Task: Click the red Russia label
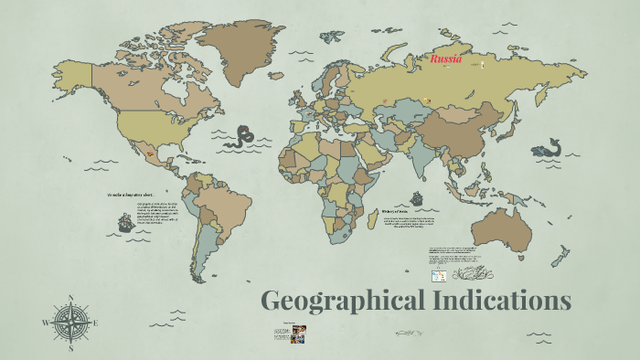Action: (x=447, y=59)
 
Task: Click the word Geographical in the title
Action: (x=345, y=301)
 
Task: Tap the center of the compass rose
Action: (x=70, y=321)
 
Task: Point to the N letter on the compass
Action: (x=70, y=297)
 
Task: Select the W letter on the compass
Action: (x=45, y=323)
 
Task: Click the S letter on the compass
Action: (x=70, y=347)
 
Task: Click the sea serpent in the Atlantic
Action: (x=242, y=138)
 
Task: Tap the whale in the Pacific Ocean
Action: (x=548, y=147)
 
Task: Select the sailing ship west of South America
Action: (x=124, y=222)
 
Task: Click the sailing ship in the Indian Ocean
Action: (x=416, y=197)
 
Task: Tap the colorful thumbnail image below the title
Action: (x=298, y=334)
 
